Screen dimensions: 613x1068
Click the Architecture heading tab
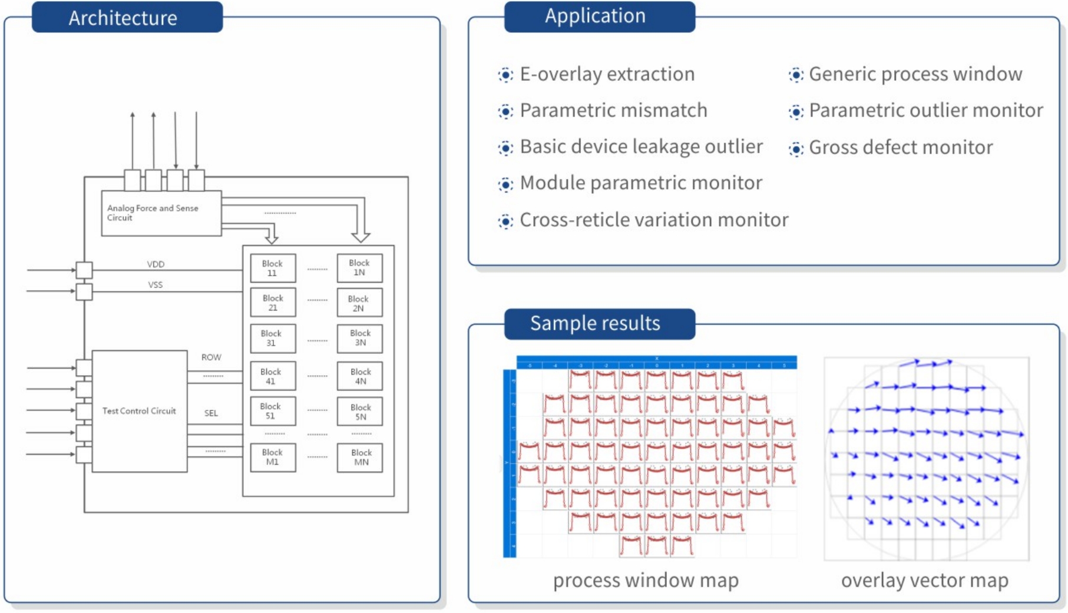coord(127,18)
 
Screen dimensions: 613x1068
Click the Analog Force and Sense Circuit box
coord(161,213)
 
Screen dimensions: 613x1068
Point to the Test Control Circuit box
coord(139,411)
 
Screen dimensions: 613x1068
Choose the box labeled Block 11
coord(272,268)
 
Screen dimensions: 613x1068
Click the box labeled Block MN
coord(360,457)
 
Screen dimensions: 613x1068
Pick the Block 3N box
coord(360,338)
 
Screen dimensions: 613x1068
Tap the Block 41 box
coord(272,376)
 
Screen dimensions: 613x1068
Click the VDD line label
coord(156,264)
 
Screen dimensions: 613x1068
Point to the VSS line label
coord(155,285)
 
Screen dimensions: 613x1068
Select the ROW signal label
coord(211,357)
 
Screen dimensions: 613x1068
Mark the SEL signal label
coord(211,413)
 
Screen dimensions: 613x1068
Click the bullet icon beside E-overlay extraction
coord(505,75)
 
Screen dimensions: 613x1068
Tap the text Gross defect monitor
coord(900,147)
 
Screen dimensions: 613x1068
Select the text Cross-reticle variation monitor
coord(653,220)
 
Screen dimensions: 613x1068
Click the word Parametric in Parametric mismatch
coord(564,111)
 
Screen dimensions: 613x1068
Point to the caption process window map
coord(645,581)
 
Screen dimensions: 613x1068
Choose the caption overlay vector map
coord(924,581)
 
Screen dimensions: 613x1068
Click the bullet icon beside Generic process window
coord(796,75)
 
